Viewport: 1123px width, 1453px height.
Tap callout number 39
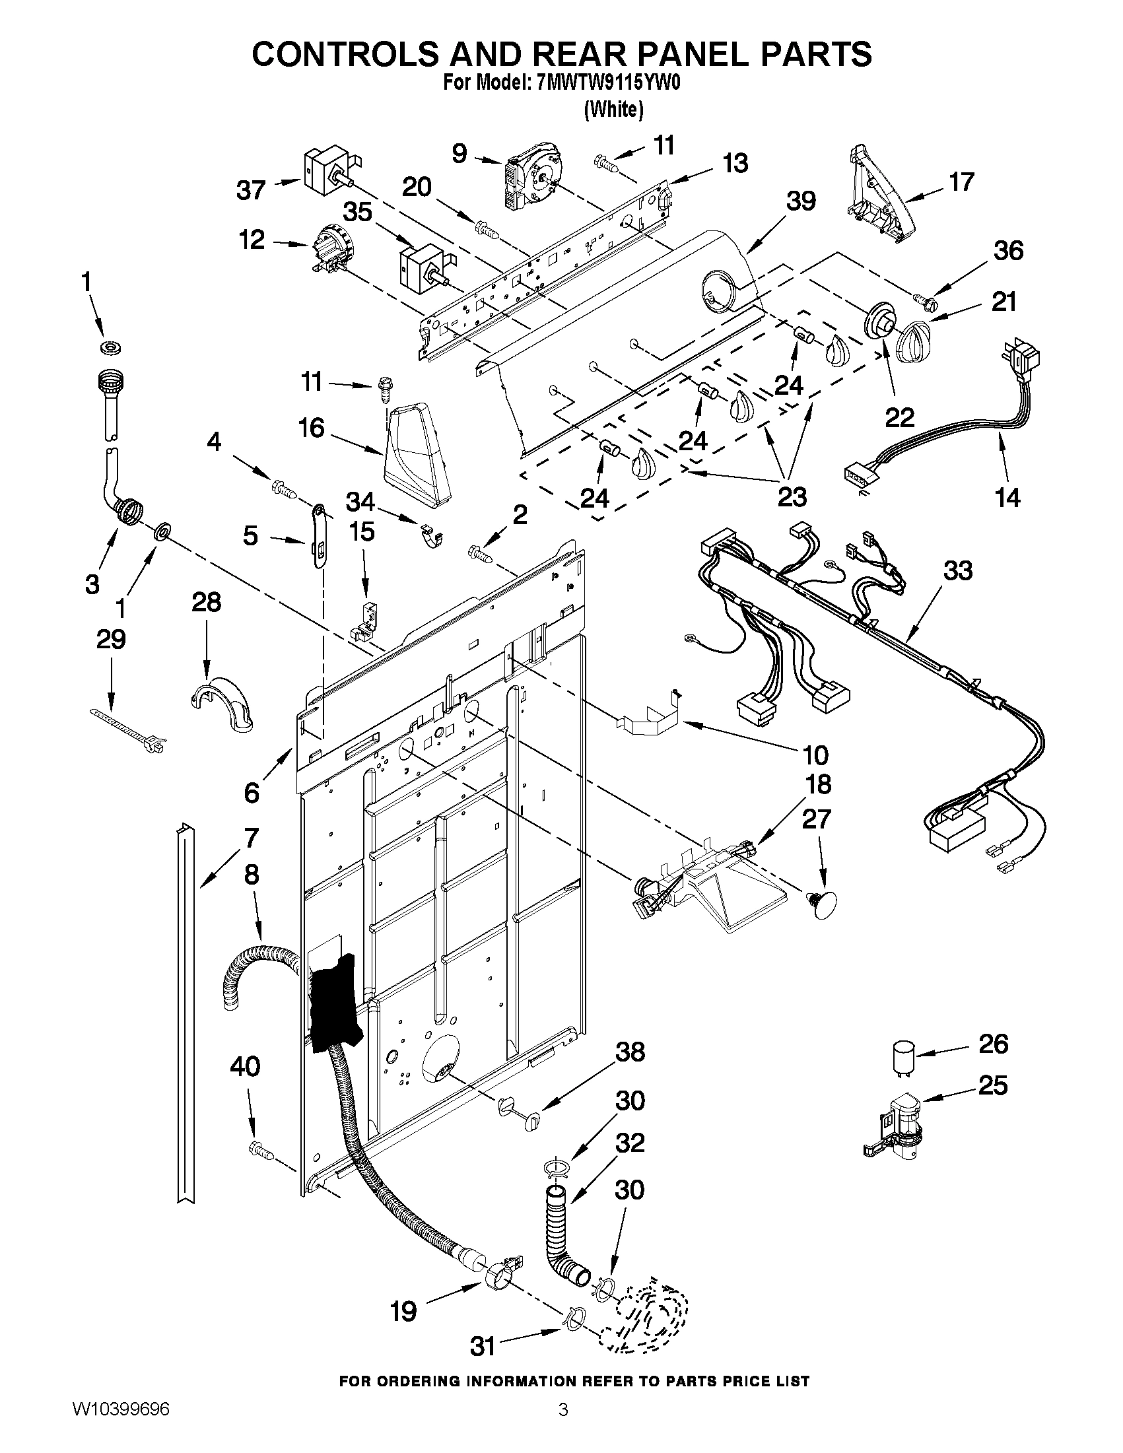(801, 201)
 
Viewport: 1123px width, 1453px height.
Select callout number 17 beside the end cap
(961, 181)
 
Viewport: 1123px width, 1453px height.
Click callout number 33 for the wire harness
(958, 571)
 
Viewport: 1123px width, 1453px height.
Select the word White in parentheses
(613, 110)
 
